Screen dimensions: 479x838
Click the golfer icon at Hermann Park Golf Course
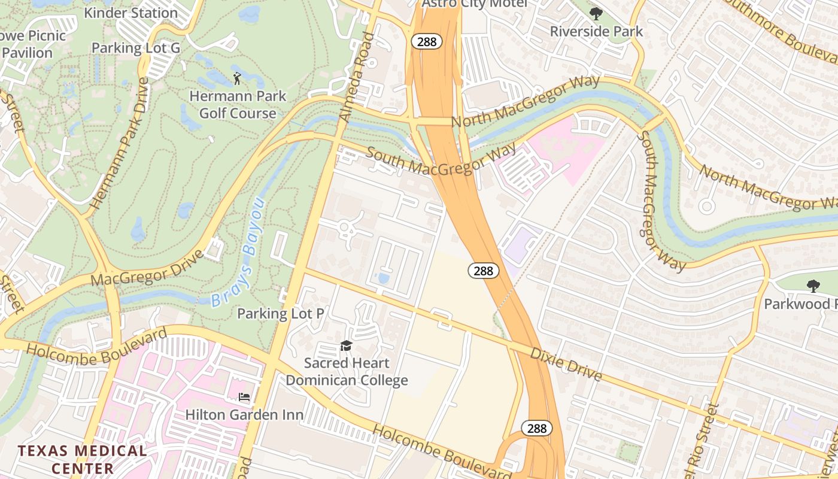point(237,78)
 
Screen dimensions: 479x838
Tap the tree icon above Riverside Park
point(596,13)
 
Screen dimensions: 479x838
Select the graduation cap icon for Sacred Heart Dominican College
point(346,345)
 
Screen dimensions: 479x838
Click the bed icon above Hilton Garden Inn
point(244,396)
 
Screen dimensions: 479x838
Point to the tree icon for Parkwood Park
point(813,286)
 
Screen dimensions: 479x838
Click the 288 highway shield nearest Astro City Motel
point(426,41)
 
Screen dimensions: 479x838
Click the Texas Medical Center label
point(83,459)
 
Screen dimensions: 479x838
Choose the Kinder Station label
point(123,13)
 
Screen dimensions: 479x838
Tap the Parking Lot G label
point(135,48)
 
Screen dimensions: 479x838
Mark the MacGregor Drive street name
point(148,268)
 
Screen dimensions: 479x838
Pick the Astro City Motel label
point(474,4)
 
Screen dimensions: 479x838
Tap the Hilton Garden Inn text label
point(244,414)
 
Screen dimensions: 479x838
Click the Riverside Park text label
point(596,31)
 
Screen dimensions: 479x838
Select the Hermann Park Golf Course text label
point(238,104)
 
